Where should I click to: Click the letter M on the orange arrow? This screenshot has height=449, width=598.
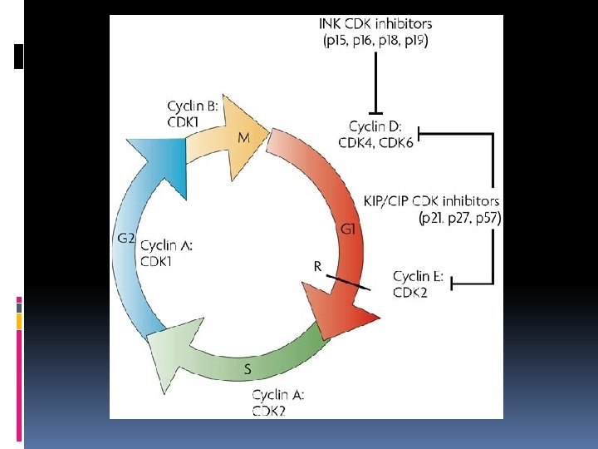[x=243, y=139]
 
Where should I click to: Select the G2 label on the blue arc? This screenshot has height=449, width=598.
[x=125, y=239]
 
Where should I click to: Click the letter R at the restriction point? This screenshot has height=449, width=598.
[x=318, y=266]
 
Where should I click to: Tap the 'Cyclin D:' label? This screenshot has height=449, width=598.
[x=375, y=126]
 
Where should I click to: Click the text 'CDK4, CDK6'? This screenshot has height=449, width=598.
[x=375, y=142]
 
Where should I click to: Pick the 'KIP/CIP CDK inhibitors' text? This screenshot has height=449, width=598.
[x=431, y=201]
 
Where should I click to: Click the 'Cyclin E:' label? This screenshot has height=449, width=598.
[x=423, y=276]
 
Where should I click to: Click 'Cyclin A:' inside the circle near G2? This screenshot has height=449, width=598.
[x=168, y=245]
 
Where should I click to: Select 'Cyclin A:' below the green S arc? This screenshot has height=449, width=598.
[x=278, y=395]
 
